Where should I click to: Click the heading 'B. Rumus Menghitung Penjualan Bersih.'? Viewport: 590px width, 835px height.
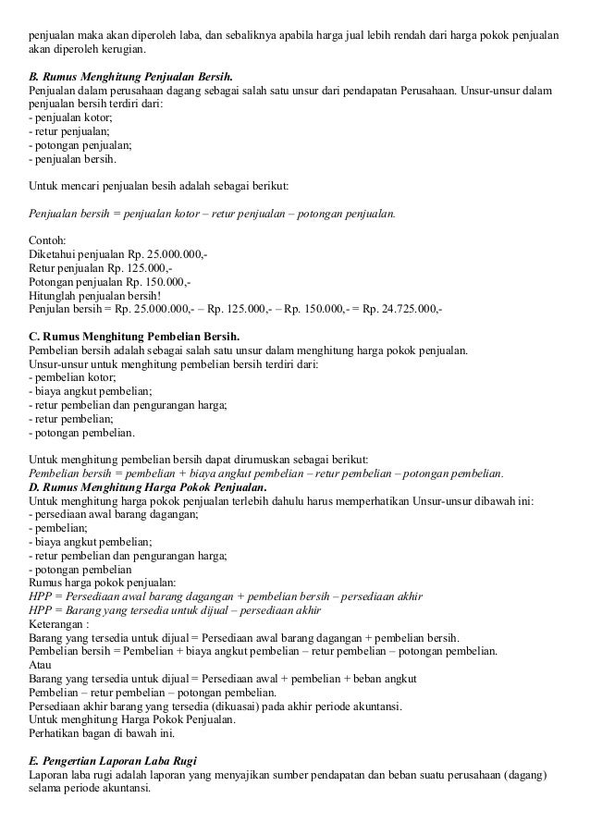point(131,73)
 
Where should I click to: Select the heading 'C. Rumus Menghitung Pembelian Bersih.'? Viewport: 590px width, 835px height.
point(134,336)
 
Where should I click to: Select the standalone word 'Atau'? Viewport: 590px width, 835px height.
point(41,664)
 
